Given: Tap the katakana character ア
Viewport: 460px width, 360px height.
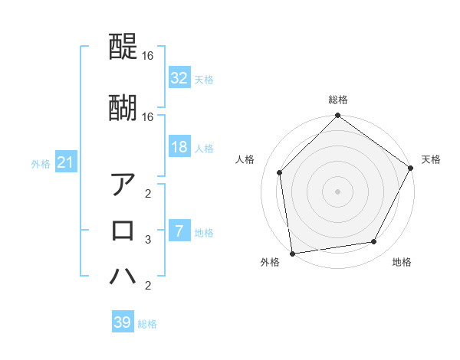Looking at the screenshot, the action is [x=123, y=185].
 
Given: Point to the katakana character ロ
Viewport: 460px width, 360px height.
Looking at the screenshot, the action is [x=123, y=231].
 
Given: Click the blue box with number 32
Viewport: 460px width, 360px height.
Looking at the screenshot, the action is [x=179, y=78].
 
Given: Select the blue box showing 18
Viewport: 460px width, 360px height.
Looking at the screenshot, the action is [x=179, y=147].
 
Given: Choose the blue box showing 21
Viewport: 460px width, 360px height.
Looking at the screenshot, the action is [x=65, y=162].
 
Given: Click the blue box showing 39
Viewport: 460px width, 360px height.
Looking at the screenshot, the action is [x=122, y=322].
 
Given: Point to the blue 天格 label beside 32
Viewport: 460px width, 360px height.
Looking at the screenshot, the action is [x=204, y=80].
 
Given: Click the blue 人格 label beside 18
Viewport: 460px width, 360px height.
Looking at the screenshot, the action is [x=204, y=149].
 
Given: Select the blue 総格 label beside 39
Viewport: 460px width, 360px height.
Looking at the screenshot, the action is [x=147, y=324].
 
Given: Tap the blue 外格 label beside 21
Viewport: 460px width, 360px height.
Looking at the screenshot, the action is [x=41, y=164].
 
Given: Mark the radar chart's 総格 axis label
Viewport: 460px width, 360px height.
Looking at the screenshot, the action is [x=337, y=100].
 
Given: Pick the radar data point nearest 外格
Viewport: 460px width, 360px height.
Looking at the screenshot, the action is [x=292, y=253].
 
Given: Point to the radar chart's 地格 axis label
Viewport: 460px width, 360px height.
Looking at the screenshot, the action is [x=402, y=263].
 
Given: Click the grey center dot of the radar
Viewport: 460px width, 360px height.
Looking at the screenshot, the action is [x=337, y=191].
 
